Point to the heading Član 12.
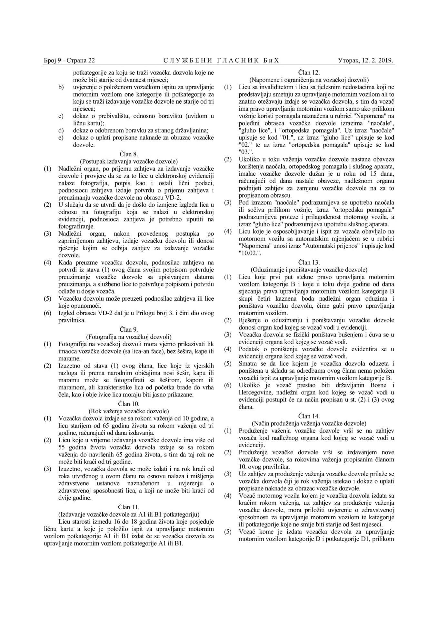[x=309, y=73]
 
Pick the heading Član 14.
[x=309, y=416]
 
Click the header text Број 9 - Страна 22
[x=69, y=60]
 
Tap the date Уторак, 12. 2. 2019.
[x=366, y=60]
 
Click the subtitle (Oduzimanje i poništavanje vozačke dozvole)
[x=309, y=269]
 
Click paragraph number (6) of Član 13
[x=228, y=385]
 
